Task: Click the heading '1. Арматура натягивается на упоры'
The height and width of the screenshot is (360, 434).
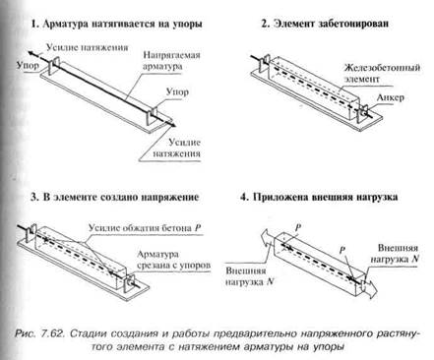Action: [116, 24]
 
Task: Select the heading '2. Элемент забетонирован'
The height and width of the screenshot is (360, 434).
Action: [325, 24]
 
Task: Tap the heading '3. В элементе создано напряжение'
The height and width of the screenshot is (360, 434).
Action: [114, 197]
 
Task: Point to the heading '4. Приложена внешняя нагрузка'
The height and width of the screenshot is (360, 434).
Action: [319, 197]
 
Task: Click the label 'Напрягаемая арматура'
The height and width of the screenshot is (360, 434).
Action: [171, 60]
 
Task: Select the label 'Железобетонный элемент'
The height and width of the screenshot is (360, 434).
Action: [382, 73]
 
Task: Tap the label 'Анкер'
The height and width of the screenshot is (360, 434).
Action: [390, 97]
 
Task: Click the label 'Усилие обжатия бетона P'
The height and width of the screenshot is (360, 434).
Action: [145, 228]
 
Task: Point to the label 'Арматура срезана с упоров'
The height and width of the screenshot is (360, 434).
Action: [173, 260]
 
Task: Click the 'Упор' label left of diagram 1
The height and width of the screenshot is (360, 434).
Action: [28, 66]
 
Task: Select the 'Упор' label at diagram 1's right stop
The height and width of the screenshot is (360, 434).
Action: [177, 91]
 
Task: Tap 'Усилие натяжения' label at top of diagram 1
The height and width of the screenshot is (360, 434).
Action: [87, 47]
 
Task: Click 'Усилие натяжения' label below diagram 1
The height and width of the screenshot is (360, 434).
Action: [176, 148]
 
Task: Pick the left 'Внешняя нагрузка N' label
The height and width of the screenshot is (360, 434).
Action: [249, 276]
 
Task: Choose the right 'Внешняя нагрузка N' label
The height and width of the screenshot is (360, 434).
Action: [395, 253]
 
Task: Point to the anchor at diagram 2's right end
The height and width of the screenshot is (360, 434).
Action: [363, 112]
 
